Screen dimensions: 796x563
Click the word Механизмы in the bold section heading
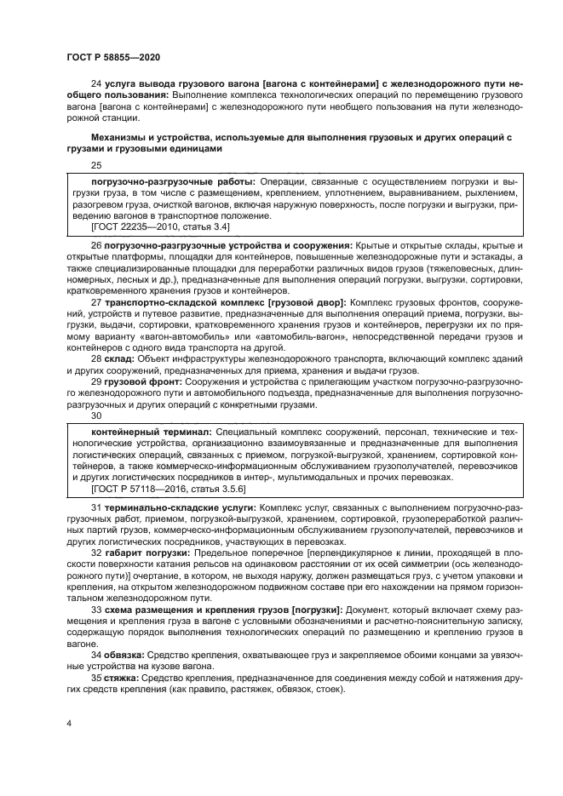click(x=123, y=136)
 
